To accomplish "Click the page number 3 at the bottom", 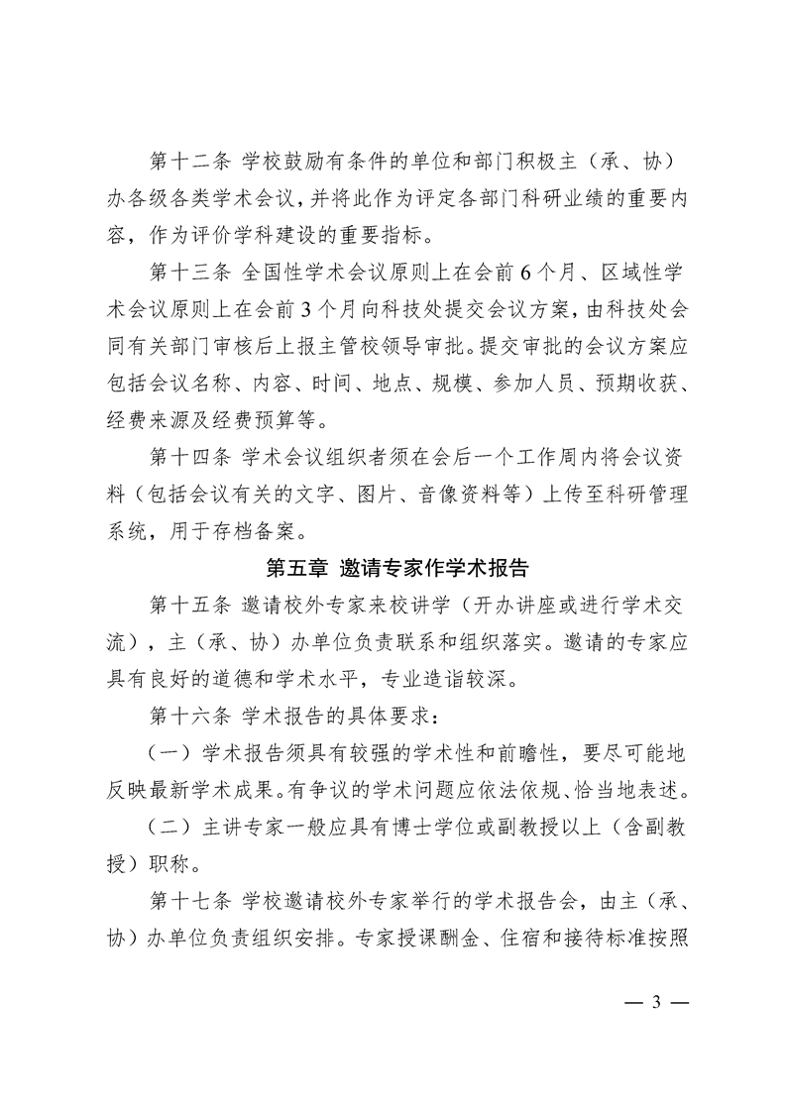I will (x=655, y=1000).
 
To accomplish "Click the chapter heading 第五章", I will (x=296, y=569).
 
